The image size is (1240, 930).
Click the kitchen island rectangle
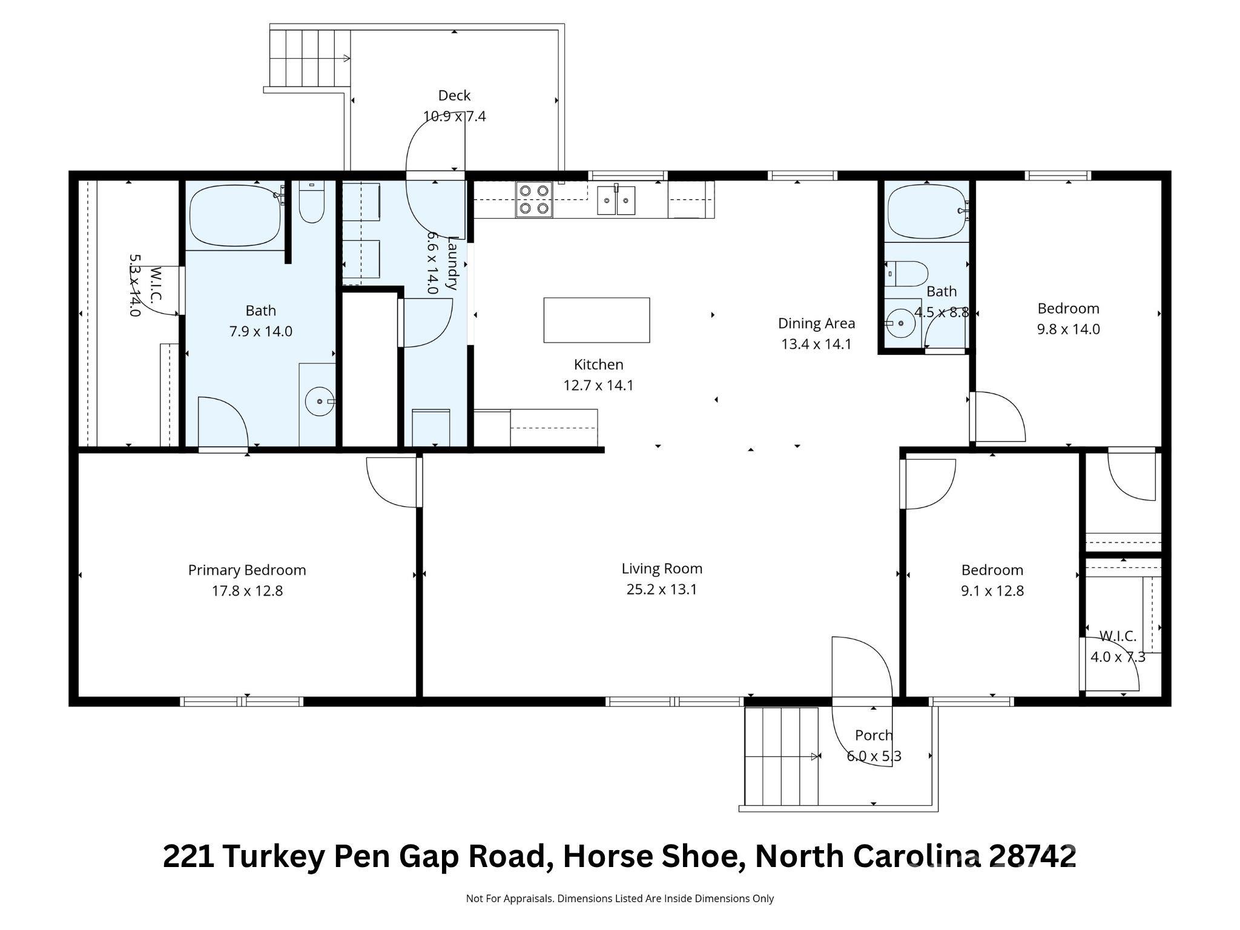pos(596,320)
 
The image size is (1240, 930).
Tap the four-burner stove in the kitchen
pos(533,199)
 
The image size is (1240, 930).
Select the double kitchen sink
pos(616,200)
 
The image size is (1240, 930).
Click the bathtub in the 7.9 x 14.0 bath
pos(236,215)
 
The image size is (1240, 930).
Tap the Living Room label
pos(662,569)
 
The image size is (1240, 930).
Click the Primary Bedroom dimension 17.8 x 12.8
pos(247,590)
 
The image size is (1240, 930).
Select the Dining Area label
pos(816,323)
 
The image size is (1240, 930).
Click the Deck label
pos(454,95)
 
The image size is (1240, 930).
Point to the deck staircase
pos(309,58)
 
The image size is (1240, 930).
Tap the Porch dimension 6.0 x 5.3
pos(874,756)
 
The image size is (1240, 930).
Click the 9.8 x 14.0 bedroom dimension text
pos(1068,329)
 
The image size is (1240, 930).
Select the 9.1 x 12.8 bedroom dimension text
pos(992,590)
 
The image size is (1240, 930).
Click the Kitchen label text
pos(598,364)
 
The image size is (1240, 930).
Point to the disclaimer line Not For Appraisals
pos(619,899)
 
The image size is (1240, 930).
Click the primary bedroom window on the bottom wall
pos(242,702)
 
